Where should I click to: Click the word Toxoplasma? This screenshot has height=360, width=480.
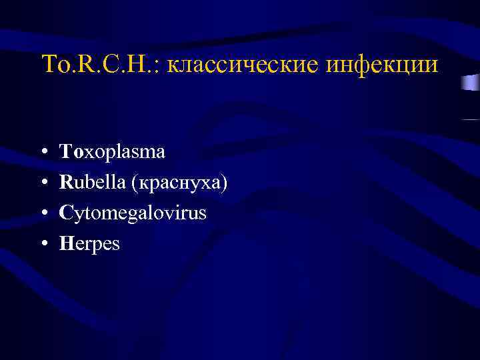(112, 152)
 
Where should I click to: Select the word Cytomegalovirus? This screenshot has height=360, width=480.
(133, 214)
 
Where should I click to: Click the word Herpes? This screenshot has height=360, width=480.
(89, 245)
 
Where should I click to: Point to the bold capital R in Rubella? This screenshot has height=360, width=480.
(65, 183)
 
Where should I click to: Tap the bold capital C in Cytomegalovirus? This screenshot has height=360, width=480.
(65, 213)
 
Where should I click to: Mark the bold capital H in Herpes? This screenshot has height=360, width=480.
(65, 244)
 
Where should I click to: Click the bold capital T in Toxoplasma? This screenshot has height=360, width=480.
(65, 152)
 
